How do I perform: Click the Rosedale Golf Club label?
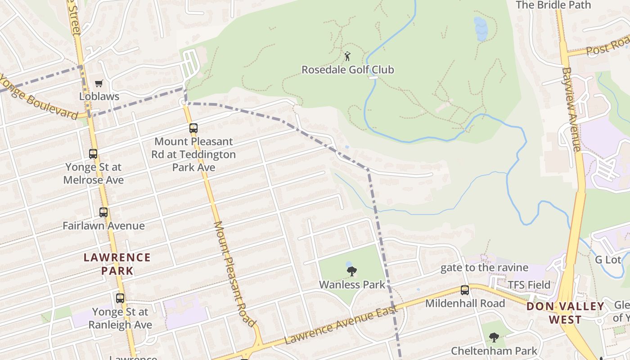(x=347, y=70)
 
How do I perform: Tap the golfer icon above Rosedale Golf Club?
(x=347, y=56)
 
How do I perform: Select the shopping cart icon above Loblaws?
(x=99, y=83)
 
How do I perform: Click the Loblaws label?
(x=99, y=96)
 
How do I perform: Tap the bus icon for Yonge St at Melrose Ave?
(x=93, y=154)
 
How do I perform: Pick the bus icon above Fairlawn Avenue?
(x=103, y=212)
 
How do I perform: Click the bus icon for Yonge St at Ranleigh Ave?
(x=120, y=298)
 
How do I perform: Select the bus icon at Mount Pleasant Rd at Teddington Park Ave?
(x=193, y=128)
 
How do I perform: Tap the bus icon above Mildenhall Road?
(x=465, y=290)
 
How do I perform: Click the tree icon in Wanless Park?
(x=352, y=271)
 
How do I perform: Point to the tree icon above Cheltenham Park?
(x=494, y=337)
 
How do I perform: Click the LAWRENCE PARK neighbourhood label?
(x=117, y=264)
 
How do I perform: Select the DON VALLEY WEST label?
(x=566, y=313)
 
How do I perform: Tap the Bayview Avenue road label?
(x=571, y=109)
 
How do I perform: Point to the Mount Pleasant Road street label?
(x=234, y=274)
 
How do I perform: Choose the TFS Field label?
(x=529, y=285)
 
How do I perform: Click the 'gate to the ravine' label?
(x=484, y=268)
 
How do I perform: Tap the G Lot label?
(x=607, y=260)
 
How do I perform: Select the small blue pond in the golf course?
(x=481, y=29)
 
